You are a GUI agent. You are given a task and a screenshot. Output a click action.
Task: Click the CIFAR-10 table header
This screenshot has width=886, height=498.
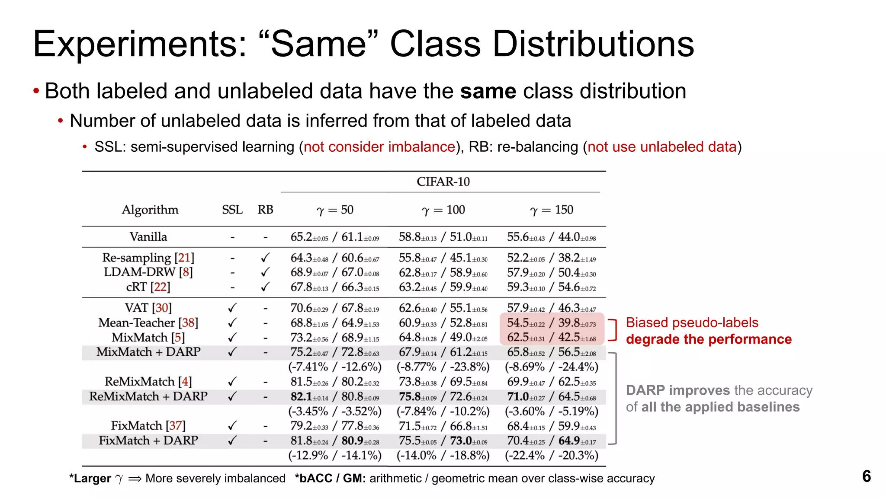(x=443, y=182)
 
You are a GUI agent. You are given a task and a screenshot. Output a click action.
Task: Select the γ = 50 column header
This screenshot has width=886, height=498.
(x=335, y=210)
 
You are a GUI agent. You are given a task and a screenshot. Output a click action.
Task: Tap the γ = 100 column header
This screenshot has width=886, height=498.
(x=443, y=210)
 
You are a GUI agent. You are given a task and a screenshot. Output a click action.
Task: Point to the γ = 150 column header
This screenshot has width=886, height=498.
(x=552, y=210)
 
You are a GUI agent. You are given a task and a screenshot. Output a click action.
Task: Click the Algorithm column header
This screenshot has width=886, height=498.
(x=150, y=210)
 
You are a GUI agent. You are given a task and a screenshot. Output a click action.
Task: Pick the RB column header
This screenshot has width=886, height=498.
(x=265, y=210)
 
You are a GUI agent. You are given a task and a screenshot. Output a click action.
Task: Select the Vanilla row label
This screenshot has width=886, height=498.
(x=148, y=237)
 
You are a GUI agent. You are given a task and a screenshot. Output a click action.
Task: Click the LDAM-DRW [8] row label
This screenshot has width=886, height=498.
(x=148, y=272)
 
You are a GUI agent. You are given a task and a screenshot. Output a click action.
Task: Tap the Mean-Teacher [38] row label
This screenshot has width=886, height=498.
(x=148, y=323)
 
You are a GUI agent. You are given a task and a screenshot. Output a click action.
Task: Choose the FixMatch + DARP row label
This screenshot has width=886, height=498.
(x=148, y=441)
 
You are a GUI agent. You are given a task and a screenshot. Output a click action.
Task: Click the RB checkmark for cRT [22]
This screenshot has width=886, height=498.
(x=265, y=287)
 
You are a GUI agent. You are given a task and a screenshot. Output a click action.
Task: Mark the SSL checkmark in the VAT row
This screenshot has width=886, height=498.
(x=232, y=308)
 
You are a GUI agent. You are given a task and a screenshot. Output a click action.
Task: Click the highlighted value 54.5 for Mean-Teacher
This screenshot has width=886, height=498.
(x=518, y=323)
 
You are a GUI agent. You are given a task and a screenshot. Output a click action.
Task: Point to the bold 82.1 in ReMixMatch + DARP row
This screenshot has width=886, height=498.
(x=301, y=396)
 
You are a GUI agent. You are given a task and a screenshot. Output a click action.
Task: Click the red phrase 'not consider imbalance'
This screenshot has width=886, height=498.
(x=379, y=147)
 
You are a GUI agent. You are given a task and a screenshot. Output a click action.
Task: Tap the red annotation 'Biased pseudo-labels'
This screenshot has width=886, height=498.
(x=692, y=322)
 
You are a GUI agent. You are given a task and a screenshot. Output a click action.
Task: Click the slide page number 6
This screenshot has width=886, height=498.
(x=866, y=476)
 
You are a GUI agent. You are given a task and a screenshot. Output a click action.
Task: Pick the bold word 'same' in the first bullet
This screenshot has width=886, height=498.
(x=488, y=91)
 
